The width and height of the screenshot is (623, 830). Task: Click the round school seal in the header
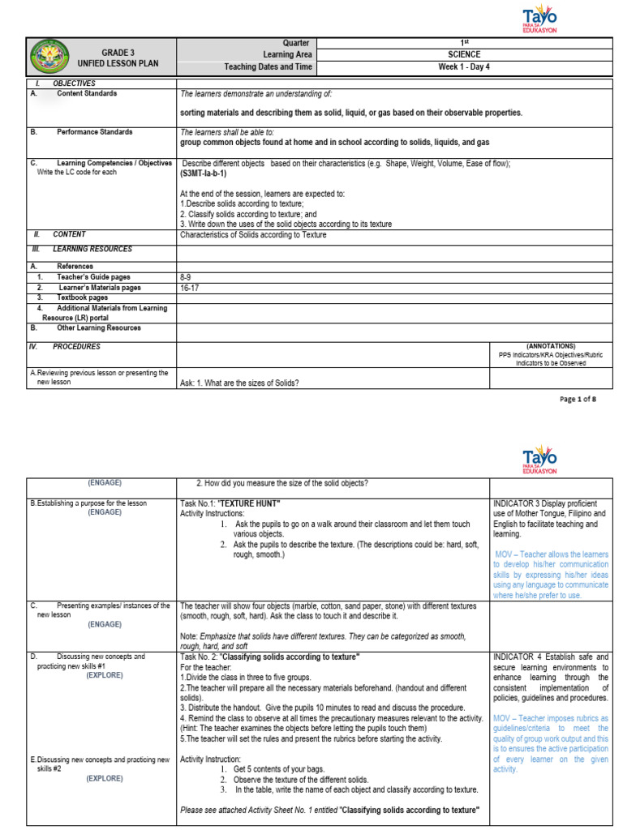coord(54,58)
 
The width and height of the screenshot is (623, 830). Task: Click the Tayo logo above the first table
coord(539,18)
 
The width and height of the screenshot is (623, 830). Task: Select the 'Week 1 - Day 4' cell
coord(464,67)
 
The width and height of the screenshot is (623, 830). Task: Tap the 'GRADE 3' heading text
coord(118,52)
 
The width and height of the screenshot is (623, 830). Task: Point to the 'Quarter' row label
coord(296,43)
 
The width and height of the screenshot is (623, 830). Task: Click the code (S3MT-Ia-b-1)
coord(204,173)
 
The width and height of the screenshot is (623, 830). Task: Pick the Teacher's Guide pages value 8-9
coord(186,276)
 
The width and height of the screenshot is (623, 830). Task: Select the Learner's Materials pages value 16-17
coord(189,287)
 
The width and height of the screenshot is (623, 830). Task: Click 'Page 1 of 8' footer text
coord(578,399)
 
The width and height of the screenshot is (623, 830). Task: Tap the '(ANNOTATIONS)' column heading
coord(551,345)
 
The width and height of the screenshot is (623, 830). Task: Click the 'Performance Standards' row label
coord(94,131)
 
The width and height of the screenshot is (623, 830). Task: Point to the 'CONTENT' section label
coord(69,234)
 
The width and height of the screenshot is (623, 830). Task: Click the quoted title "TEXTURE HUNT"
coord(238,503)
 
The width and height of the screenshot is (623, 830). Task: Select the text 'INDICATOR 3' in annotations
coord(515,503)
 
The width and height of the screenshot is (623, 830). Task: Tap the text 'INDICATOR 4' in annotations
coord(515,657)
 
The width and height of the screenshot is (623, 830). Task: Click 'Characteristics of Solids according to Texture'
coord(253,234)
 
